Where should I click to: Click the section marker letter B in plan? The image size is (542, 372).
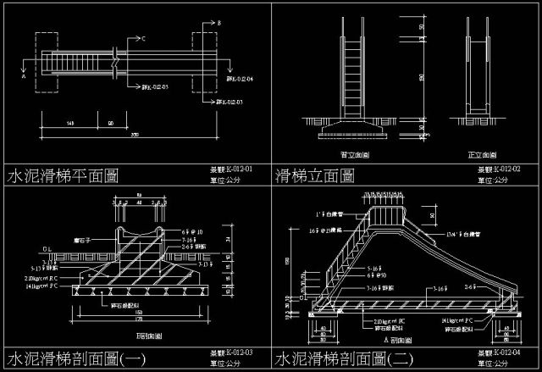tap(218, 22)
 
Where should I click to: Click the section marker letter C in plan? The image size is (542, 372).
tap(143, 38)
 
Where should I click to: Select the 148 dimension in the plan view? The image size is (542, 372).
tap(69, 124)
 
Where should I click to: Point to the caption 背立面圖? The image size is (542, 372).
tap(353, 155)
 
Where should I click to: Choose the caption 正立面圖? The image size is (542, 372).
tap(479, 155)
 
